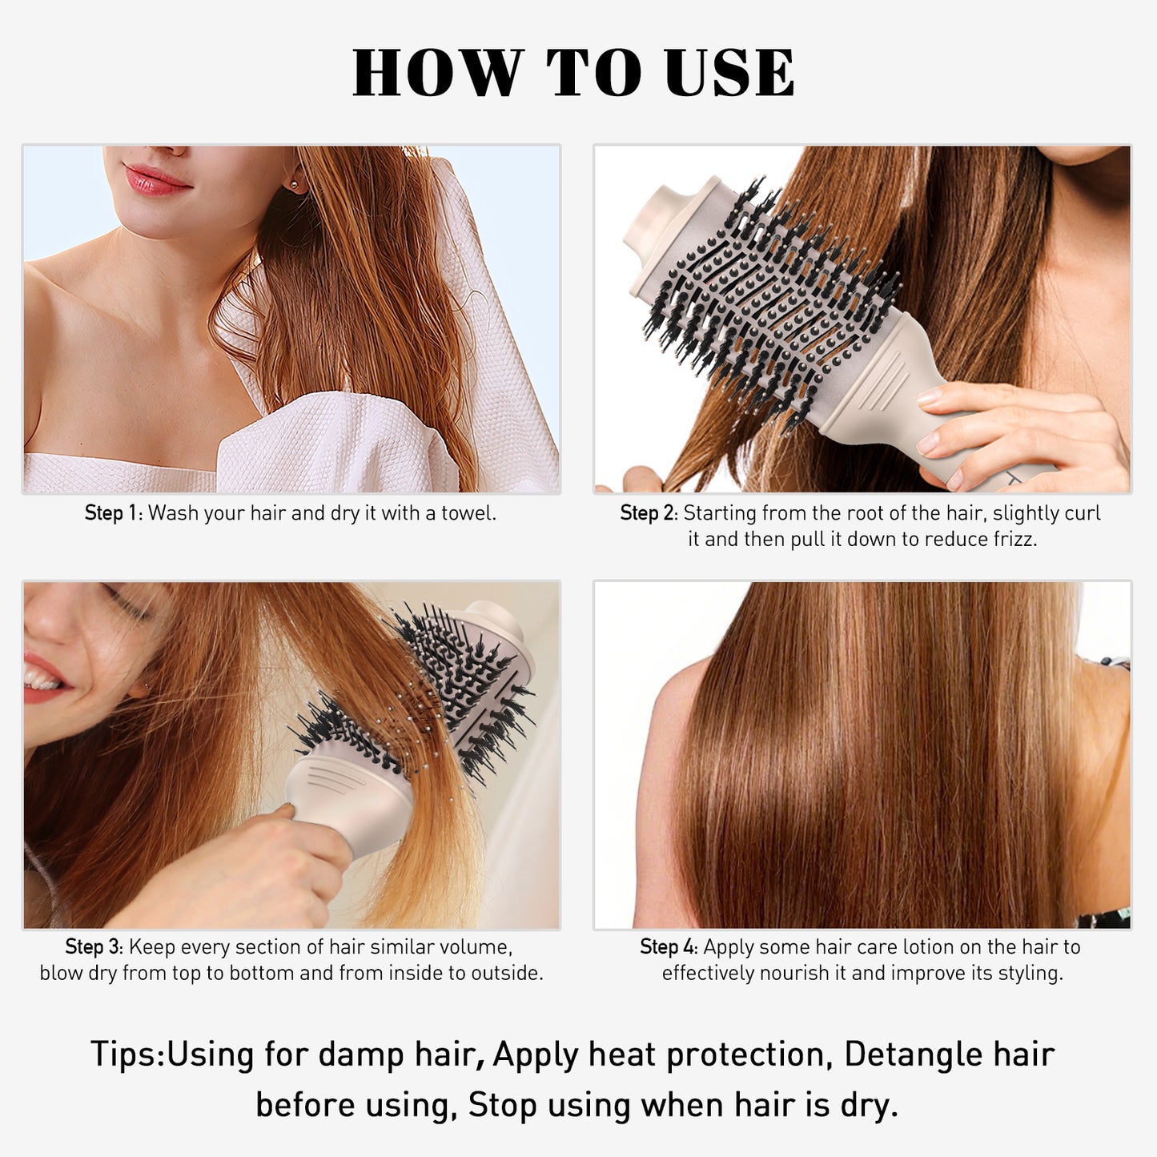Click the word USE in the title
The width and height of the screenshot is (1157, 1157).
click(729, 73)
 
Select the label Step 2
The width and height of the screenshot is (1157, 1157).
click(648, 513)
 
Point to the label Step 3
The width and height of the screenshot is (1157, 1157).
click(93, 947)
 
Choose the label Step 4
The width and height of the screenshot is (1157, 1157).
click(668, 947)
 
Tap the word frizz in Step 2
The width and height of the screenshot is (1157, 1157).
click(1014, 540)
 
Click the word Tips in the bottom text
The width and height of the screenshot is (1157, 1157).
click(125, 1055)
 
